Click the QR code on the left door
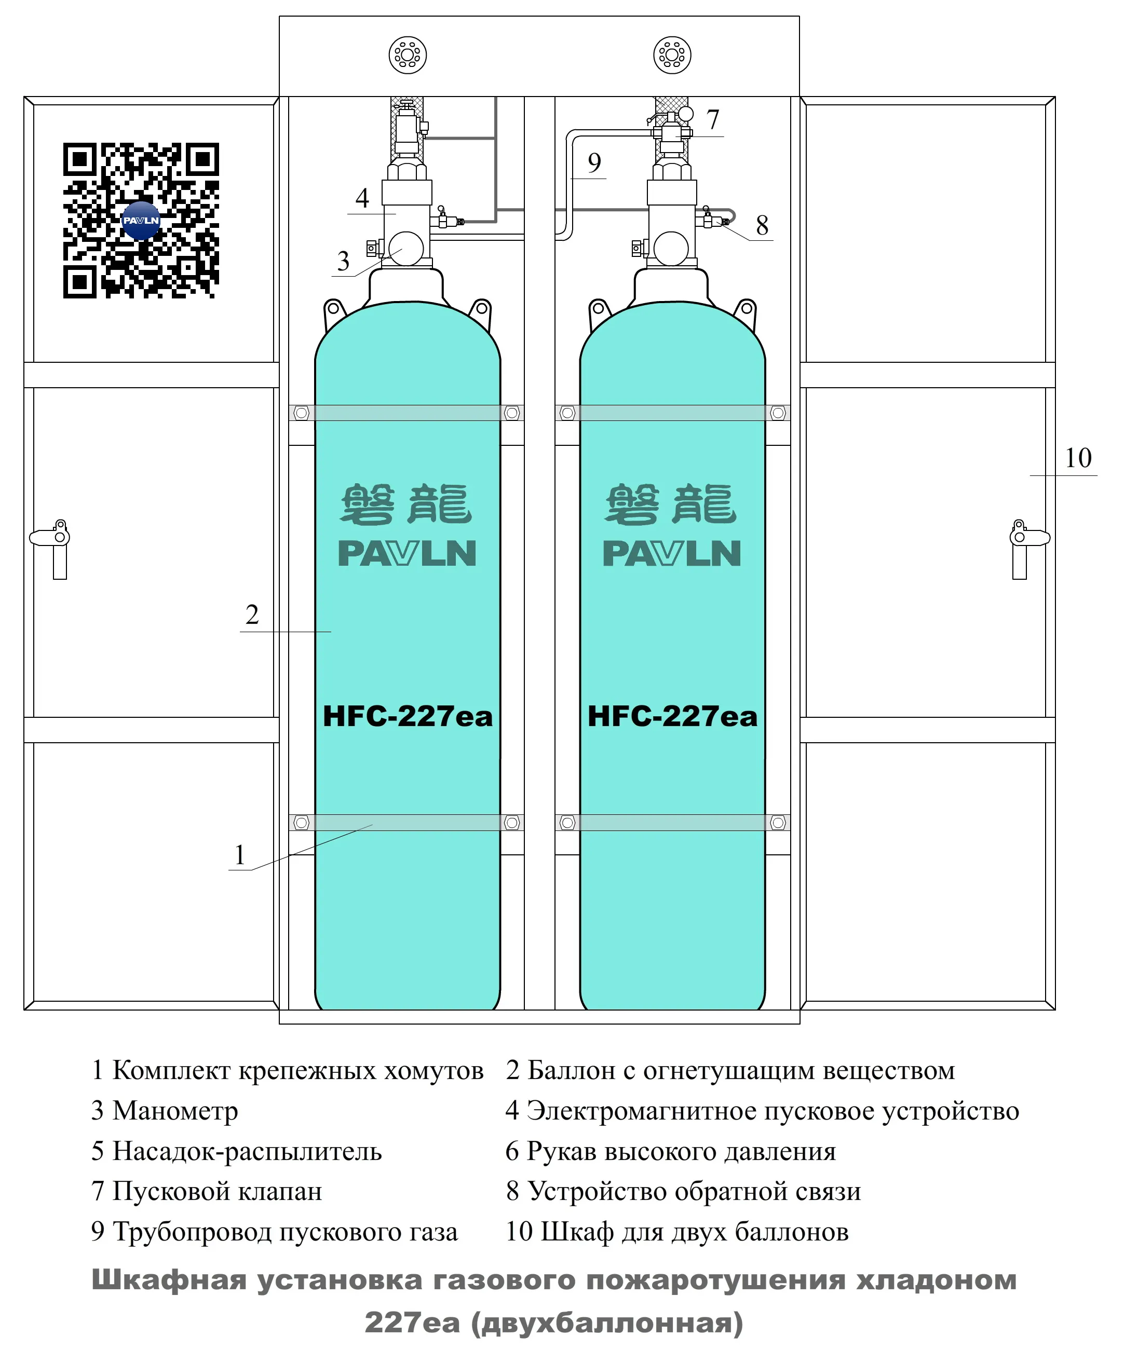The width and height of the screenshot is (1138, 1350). click(141, 221)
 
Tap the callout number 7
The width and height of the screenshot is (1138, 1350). click(712, 119)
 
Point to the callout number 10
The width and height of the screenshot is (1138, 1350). click(1077, 459)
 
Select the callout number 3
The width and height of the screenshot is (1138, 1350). click(343, 261)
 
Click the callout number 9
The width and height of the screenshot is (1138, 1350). click(594, 162)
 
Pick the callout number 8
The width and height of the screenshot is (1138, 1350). click(762, 226)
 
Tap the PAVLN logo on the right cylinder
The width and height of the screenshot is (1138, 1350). click(672, 553)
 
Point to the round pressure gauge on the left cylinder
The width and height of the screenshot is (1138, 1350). click(407, 248)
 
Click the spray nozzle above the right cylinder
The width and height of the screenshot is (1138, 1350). click(672, 55)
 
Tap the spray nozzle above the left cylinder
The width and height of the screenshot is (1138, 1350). click(407, 55)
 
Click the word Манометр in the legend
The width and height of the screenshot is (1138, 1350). click(175, 1111)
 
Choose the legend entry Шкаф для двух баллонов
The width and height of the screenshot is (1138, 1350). click(694, 1232)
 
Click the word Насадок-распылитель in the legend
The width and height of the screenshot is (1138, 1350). click(247, 1151)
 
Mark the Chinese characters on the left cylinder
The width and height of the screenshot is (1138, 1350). click(407, 504)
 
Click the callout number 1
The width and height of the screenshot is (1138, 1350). click(240, 855)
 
